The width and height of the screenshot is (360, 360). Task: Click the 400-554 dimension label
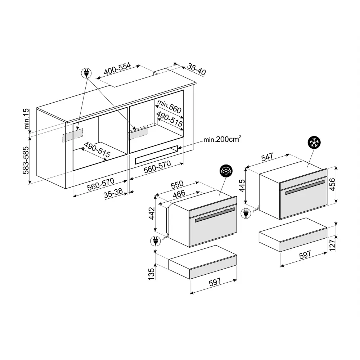coord(117,68)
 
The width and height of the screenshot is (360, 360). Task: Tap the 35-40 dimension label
coord(197,69)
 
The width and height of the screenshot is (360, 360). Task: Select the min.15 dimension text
coord(27,119)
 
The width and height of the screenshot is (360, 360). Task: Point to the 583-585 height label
coord(26,160)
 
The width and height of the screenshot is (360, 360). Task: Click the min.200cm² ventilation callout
coord(222,139)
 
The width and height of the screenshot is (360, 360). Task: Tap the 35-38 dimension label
coord(113,193)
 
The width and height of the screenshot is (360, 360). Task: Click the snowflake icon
coord(314,143)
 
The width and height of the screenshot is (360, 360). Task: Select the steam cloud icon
coord(226,171)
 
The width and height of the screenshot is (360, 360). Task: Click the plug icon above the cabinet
coord(86,73)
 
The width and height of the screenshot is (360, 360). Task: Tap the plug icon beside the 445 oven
coord(246,213)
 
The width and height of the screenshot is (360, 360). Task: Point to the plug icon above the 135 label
coord(156,241)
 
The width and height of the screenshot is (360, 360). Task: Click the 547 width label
coord(267,157)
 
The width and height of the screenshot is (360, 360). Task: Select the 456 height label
coord(332,184)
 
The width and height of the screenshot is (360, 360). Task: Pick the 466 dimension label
coord(179,194)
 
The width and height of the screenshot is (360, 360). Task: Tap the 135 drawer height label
coord(151,274)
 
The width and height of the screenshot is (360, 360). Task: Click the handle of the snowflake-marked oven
coord(305,187)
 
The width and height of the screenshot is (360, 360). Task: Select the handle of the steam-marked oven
coord(215,215)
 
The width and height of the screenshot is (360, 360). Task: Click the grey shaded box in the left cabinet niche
coord(73,135)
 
